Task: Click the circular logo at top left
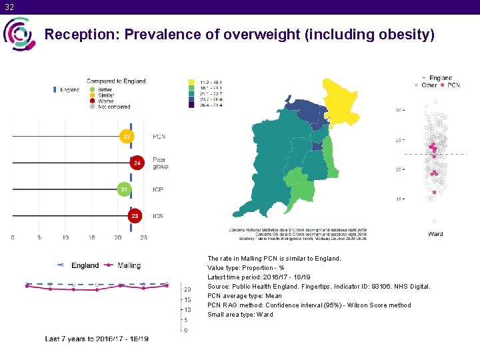[19, 33]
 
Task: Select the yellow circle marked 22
[126, 136]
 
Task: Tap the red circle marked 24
[137, 163]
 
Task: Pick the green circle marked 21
[123, 189]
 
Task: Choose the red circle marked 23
[135, 216]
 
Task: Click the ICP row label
[158, 190]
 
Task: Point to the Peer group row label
[160, 163]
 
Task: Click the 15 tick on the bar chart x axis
[91, 237]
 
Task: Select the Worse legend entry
[105, 101]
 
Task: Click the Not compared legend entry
[113, 107]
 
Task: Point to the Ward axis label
[435, 234]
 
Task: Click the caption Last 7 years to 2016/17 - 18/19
[97, 339]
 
